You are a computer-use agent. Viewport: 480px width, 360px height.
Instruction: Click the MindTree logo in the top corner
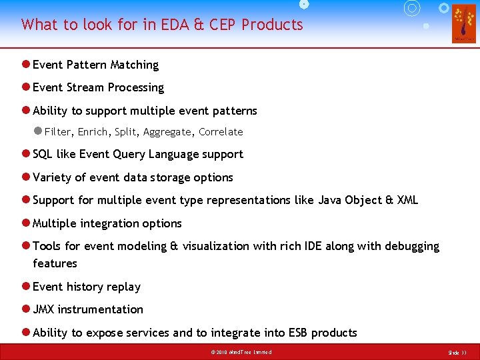tap(463, 23)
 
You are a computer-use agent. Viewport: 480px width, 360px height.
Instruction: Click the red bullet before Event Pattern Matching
tap(25, 65)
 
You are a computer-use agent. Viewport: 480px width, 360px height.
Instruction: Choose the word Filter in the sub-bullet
tap(57, 132)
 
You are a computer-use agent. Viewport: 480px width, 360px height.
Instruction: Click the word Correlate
tap(221, 132)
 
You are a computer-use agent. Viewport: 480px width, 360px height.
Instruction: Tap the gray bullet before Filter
tap(38, 131)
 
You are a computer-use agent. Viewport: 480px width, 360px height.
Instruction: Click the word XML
tap(407, 200)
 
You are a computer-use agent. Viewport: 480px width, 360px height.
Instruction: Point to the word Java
tap(329, 200)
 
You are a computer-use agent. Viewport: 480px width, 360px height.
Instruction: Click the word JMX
tap(44, 309)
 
